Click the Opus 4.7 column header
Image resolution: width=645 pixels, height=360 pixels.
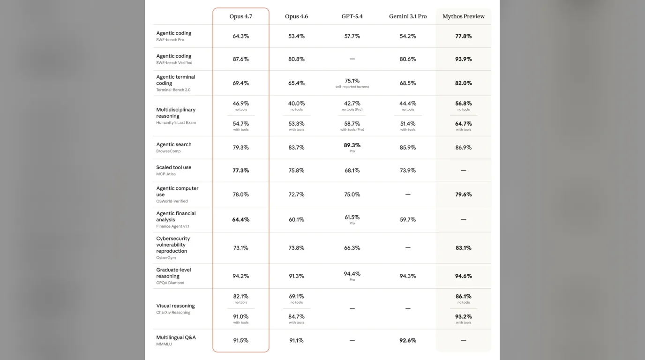[241, 16]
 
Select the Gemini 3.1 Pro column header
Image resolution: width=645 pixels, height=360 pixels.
[408, 16]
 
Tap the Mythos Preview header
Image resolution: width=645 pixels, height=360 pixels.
[463, 16]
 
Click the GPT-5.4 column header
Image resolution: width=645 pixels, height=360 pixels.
[352, 16]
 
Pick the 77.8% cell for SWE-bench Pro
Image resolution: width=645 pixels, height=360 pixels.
[463, 36]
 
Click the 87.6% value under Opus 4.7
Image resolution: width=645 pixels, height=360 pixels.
[241, 59]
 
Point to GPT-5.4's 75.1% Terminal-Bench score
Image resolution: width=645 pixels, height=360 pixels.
[352, 81]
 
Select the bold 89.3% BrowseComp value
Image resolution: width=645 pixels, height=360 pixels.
[352, 145]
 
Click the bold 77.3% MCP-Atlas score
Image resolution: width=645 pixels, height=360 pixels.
[241, 171]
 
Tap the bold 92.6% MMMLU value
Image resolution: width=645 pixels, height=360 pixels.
[408, 340]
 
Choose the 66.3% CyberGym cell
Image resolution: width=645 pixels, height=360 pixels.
[352, 247]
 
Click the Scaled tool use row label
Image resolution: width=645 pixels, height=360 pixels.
[173, 167]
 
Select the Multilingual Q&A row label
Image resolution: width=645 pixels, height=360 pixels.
[176, 337]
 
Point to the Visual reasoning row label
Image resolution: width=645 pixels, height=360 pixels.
[175, 306]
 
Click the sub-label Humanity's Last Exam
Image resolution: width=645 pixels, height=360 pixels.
[176, 122]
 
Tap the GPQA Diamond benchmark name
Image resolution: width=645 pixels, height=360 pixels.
[170, 283]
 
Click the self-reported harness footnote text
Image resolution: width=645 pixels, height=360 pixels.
[352, 87]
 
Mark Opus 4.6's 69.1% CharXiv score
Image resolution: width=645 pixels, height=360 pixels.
[296, 296]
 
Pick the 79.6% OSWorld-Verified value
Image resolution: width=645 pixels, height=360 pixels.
[463, 195]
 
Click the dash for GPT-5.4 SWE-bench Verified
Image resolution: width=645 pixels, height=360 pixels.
[352, 59]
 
